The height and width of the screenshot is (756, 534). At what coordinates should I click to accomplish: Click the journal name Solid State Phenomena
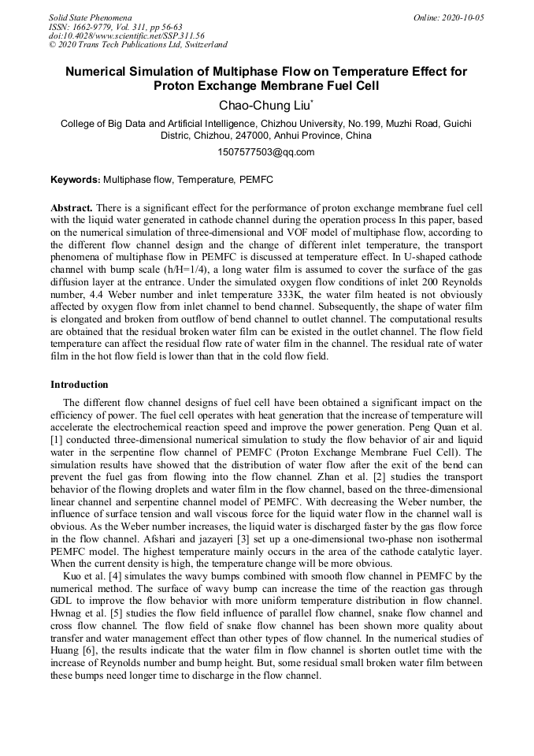coord(90,17)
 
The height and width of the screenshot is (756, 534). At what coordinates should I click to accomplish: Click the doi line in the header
coord(126,35)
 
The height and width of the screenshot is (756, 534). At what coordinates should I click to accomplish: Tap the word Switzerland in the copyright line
coord(200,45)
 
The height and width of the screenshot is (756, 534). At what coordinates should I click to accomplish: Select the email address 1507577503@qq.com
coord(265,152)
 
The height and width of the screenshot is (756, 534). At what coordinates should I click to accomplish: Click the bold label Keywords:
coord(76,180)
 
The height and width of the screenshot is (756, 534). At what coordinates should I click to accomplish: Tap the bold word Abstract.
coord(71,208)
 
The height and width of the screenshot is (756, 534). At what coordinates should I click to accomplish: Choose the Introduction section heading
coord(80,385)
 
